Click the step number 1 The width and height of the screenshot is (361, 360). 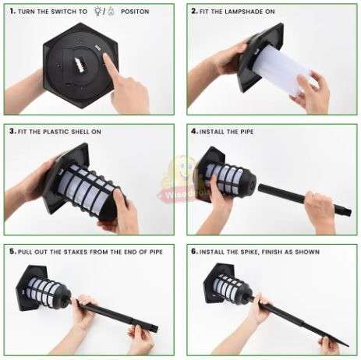[x=12, y=11]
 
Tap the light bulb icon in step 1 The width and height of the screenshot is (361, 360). [x=97, y=11]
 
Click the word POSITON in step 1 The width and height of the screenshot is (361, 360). [x=135, y=12]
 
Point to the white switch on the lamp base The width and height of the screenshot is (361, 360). [x=79, y=65]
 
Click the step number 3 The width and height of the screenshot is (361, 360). [x=12, y=131]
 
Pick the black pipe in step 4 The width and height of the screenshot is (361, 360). [x=305, y=199]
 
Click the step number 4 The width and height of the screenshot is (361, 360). [x=194, y=132]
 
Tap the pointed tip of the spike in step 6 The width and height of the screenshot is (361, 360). [x=349, y=346]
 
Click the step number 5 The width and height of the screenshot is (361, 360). [x=12, y=252]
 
